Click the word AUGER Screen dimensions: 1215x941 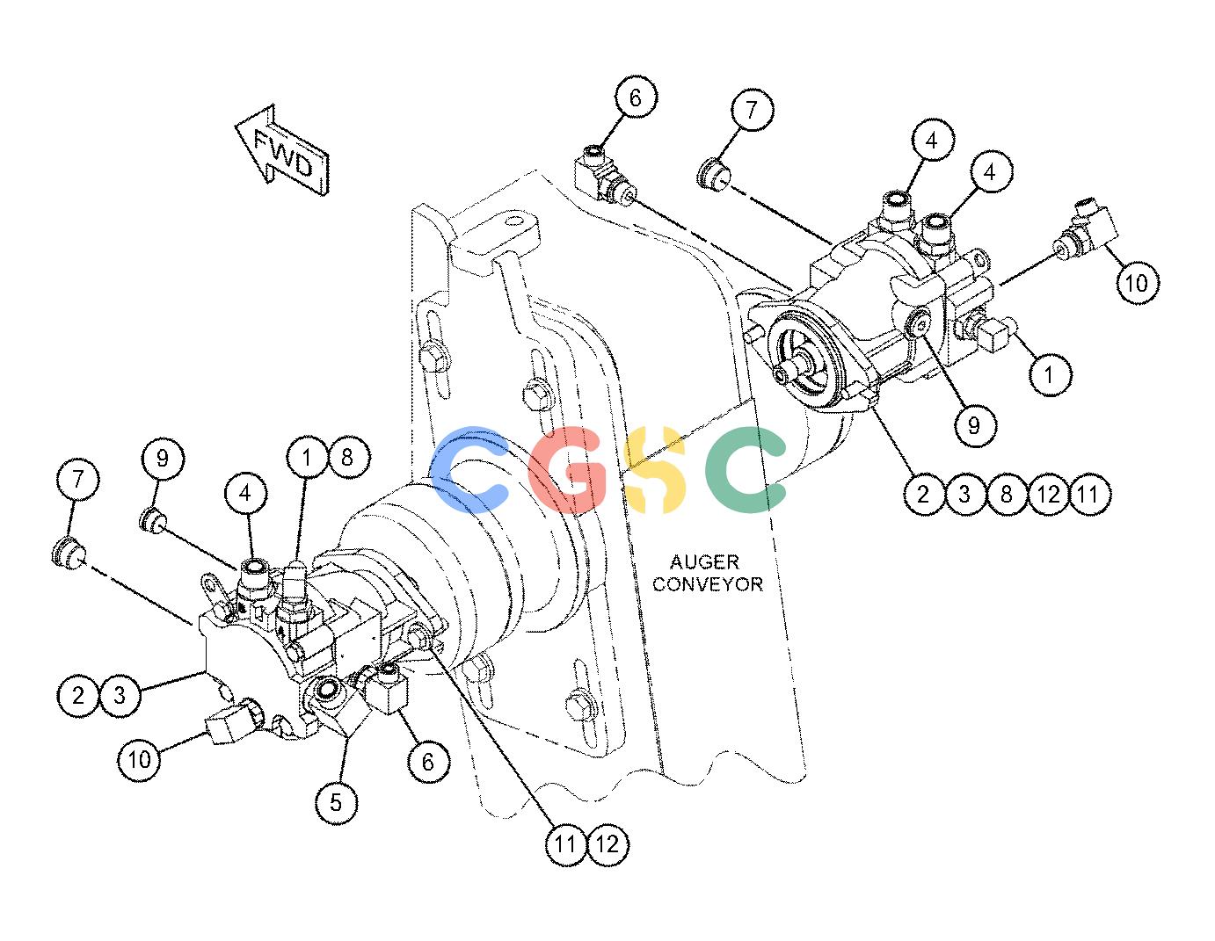coord(704,561)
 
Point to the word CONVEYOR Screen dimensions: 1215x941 coord(708,584)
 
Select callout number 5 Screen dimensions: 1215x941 coord(336,802)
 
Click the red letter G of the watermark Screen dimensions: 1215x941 coord(566,469)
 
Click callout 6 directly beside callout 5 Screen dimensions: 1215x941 coord(428,761)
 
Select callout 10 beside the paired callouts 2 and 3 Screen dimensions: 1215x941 coord(139,759)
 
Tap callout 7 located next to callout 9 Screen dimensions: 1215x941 coord(78,479)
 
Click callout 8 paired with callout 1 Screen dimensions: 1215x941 coord(348,458)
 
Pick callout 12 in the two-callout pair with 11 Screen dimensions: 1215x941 coord(607,843)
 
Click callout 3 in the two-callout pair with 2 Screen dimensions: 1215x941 coord(120,695)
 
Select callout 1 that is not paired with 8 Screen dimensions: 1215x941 coord(1050,374)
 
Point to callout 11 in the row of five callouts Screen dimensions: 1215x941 coord(1089,494)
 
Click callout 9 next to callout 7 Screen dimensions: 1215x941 coord(162,459)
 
